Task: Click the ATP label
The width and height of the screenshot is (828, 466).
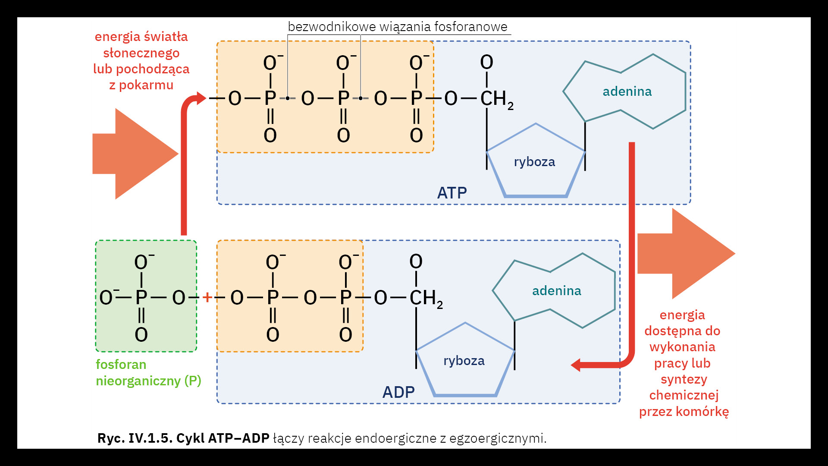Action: coord(452,193)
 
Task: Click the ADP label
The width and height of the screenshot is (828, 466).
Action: coord(398,392)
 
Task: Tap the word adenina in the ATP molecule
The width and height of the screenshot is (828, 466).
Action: coord(627,91)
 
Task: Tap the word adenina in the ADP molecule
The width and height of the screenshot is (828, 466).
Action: coord(556,291)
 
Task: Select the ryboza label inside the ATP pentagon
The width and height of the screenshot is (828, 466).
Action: coord(534,162)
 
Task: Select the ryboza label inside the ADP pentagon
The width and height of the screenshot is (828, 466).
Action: coord(464,361)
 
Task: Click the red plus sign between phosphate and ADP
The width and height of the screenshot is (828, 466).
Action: coord(207,297)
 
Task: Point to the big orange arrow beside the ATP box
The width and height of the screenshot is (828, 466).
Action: coord(686,254)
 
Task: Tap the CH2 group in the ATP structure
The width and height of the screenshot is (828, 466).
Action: coord(496,99)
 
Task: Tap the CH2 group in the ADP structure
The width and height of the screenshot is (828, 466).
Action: coord(426,298)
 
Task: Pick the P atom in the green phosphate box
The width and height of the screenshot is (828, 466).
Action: coord(141,298)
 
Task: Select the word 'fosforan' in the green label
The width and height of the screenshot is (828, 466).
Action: coord(121,365)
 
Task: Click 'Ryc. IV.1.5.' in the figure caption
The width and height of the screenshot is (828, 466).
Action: coord(135,438)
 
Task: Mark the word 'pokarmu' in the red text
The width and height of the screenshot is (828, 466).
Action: coord(146,85)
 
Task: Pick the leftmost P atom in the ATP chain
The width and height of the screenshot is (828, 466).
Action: coord(270,99)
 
